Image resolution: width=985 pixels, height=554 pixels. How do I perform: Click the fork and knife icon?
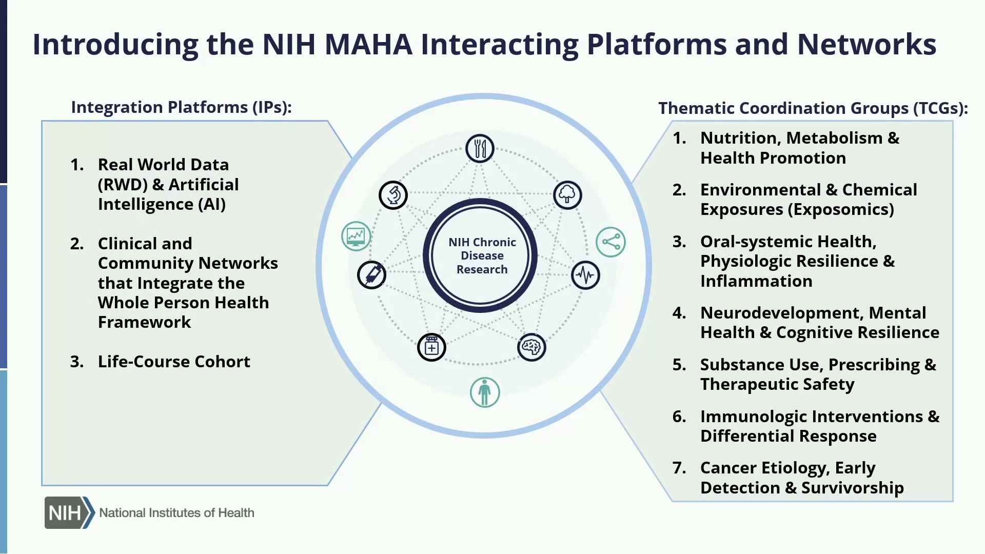(x=480, y=149)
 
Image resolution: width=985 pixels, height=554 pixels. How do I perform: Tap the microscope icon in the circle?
(x=393, y=195)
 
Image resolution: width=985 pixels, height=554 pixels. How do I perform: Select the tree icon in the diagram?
(x=567, y=195)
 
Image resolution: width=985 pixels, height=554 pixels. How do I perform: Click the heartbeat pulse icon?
(x=585, y=275)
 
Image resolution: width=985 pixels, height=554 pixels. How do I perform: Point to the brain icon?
(x=531, y=347)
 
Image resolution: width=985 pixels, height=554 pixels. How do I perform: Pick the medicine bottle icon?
(x=431, y=347)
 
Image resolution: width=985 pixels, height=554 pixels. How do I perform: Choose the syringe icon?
(x=372, y=275)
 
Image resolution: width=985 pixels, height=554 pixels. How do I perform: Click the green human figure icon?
(x=485, y=392)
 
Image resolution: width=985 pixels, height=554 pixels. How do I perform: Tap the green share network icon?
(x=610, y=242)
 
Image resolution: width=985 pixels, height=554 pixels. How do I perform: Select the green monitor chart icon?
(x=356, y=236)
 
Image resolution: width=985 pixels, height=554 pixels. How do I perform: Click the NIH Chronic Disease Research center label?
(x=482, y=256)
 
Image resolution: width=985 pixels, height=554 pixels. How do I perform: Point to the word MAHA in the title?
(x=368, y=44)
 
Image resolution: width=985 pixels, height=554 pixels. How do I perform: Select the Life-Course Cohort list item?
(x=174, y=362)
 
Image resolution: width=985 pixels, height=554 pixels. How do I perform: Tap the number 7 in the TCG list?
(x=679, y=468)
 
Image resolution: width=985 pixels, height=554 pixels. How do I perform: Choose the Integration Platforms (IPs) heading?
(x=181, y=107)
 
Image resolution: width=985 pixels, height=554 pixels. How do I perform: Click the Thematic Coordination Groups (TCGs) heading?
(x=813, y=108)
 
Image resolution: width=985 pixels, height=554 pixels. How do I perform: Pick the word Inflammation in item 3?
(x=756, y=281)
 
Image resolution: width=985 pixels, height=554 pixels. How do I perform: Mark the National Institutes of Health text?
(x=176, y=513)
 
